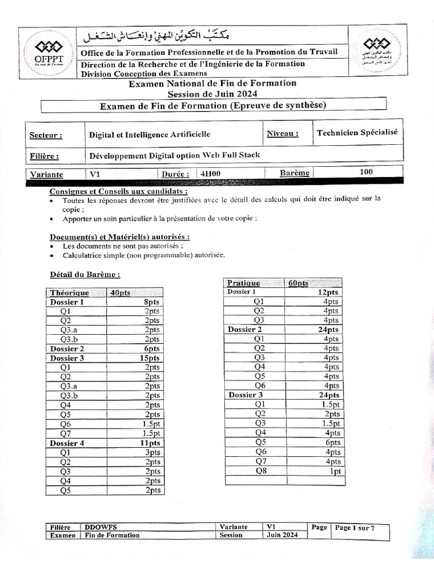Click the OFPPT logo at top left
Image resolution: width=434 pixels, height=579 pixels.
(x=49, y=53)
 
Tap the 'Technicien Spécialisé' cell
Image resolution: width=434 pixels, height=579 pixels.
(x=357, y=132)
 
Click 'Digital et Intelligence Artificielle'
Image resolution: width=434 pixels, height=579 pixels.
(x=150, y=135)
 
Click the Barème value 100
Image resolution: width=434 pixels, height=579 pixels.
(x=366, y=172)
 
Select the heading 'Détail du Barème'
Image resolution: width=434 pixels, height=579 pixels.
(x=85, y=274)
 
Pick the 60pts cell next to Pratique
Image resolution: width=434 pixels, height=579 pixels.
(x=298, y=283)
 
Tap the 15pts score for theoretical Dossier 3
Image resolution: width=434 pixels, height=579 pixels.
(x=150, y=358)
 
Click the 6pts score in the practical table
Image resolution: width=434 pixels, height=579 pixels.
(x=333, y=442)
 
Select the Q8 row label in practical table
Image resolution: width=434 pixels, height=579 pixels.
(x=260, y=470)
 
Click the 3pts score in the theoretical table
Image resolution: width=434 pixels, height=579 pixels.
(x=152, y=452)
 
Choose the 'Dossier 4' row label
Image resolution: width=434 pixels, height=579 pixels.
(x=67, y=443)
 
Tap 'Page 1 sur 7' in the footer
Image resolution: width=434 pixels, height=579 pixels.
(x=354, y=528)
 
